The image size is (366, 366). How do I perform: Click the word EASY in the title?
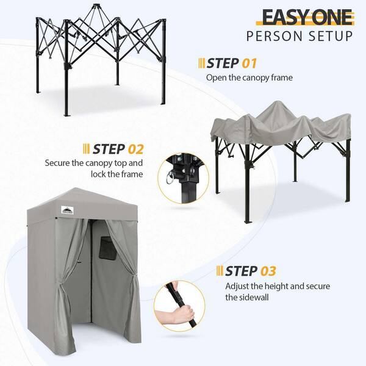click(x=281, y=16)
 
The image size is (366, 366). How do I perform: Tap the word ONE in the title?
click(x=330, y=16)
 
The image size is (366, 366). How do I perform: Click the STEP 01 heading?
click(x=232, y=63)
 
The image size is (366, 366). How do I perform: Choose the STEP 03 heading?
click(x=251, y=271)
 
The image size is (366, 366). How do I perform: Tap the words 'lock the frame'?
click(x=120, y=174)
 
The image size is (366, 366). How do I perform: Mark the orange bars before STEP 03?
click(x=220, y=271)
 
